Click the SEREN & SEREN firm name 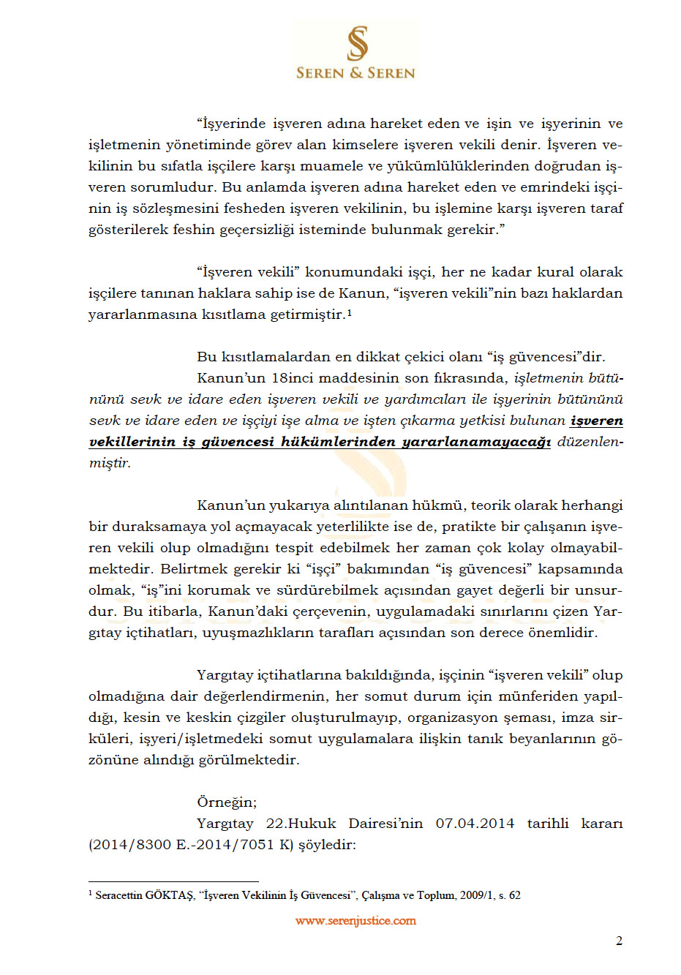coord(355,73)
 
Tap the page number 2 coord(619,941)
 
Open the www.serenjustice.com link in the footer coord(355,921)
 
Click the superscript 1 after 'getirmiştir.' coord(350,312)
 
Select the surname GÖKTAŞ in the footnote coord(170,895)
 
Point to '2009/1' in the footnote coord(477,895)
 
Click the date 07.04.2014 coord(475,824)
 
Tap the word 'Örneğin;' coord(227,802)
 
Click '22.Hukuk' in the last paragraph coord(301,824)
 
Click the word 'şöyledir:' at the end coord(327,845)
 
